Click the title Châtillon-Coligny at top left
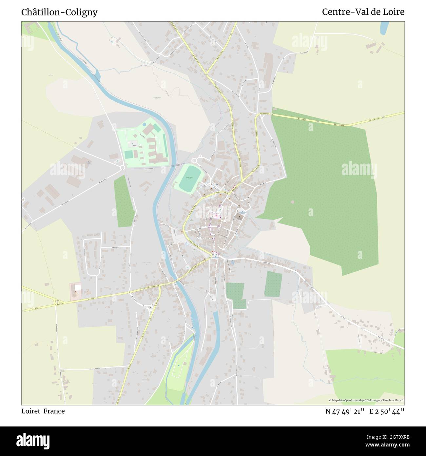click(x=59, y=12)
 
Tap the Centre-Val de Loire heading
click(x=363, y=12)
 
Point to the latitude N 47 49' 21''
click(x=345, y=411)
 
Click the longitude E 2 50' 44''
click(x=387, y=411)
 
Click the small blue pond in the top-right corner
click(x=384, y=28)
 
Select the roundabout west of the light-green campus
click(x=123, y=167)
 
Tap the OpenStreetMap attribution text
click(x=366, y=400)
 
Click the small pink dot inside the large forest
click(x=293, y=202)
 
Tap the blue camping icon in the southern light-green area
click(x=179, y=365)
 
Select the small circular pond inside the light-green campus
click(x=145, y=125)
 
